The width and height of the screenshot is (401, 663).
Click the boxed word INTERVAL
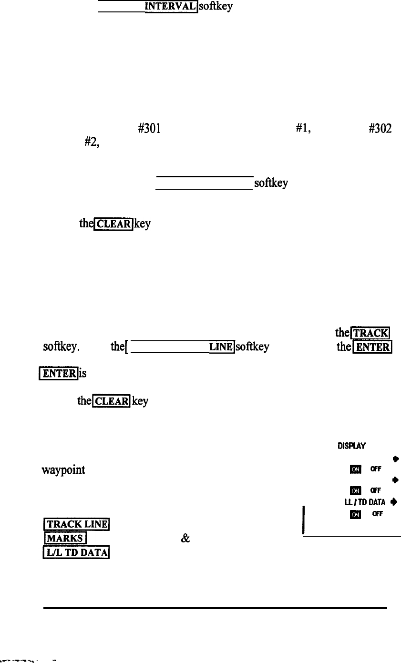click(x=171, y=6)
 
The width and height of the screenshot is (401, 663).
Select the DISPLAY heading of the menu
click(x=351, y=447)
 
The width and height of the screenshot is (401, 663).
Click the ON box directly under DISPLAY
click(x=355, y=470)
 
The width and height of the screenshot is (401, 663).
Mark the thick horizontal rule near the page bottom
click(x=215, y=608)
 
